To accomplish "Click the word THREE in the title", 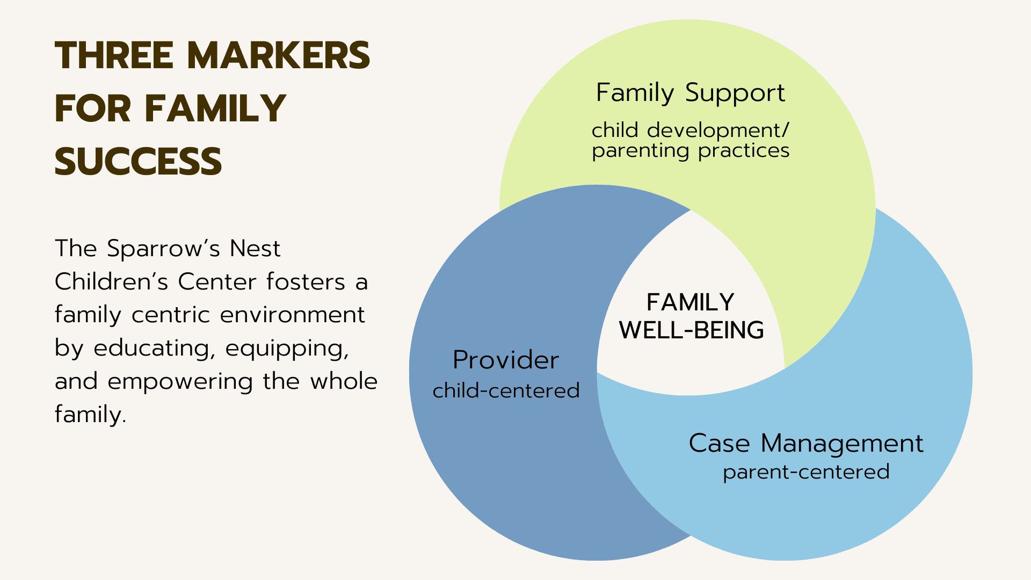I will [x=114, y=55].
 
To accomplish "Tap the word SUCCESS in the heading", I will [x=138, y=162].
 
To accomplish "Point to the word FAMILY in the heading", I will [x=215, y=108].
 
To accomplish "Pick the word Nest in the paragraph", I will [x=255, y=249].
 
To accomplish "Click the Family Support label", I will [x=691, y=93].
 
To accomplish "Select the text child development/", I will [x=691, y=130].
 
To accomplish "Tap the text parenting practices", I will [x=691, y=151].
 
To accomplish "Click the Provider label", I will [x=506, y=360].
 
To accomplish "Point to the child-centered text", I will [x=506, y=390].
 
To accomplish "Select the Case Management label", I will [x=806, y=444].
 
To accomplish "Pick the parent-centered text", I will [x=806, y=472].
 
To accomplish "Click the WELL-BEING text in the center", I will [x=691, y=330].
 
